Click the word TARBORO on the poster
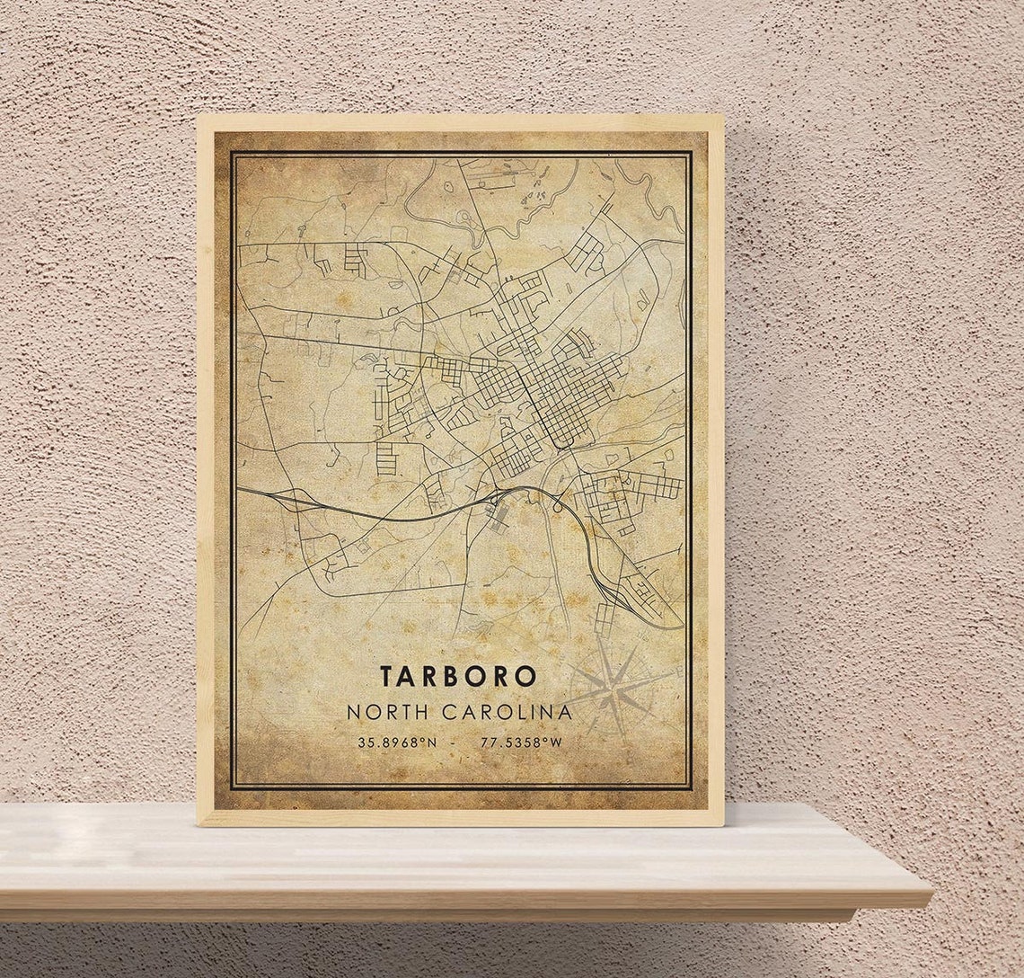[x=458, y=677]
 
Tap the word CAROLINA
[x=507, y=712]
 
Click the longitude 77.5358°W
[x=521, y=742]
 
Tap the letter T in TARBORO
[x=386, y=677]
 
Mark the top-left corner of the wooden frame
[x=199, y=116]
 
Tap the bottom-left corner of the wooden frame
[x=199, y=823]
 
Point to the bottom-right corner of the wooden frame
[x=722, y=823]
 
